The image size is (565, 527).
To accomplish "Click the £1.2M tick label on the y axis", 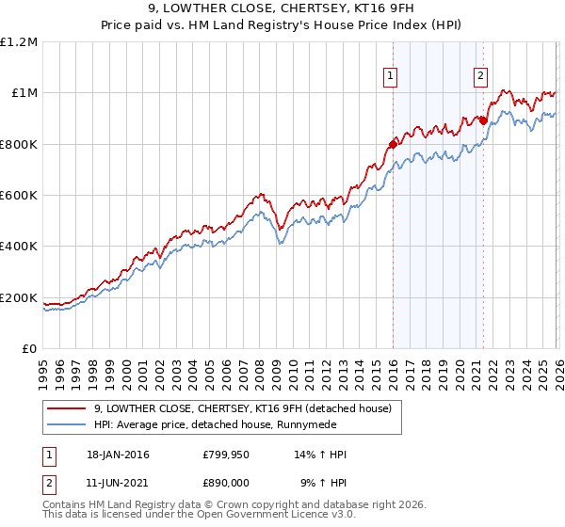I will click(19, 41).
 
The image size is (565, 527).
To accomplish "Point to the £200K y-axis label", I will click(19, 297).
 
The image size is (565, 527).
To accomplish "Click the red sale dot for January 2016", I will click(393, 144).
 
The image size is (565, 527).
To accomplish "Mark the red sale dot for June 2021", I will click(482, 120).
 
